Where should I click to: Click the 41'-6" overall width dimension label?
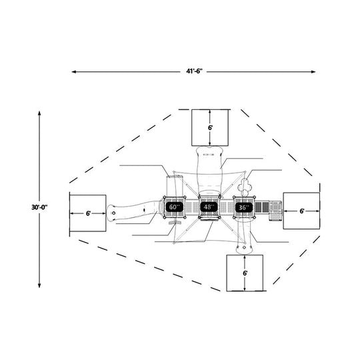coord(194,71)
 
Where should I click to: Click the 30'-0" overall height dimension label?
coord(39,207)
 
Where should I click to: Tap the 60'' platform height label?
coord(175,207)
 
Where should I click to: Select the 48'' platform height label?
coord(209,207)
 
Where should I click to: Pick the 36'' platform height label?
coord(244,207)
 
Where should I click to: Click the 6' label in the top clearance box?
coord(210,128)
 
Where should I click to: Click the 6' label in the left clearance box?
coord(89,213)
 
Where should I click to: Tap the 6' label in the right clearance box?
coord(302,211)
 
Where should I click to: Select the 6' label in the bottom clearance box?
coord(245,273)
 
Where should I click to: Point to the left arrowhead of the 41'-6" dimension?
coord(74,72)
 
